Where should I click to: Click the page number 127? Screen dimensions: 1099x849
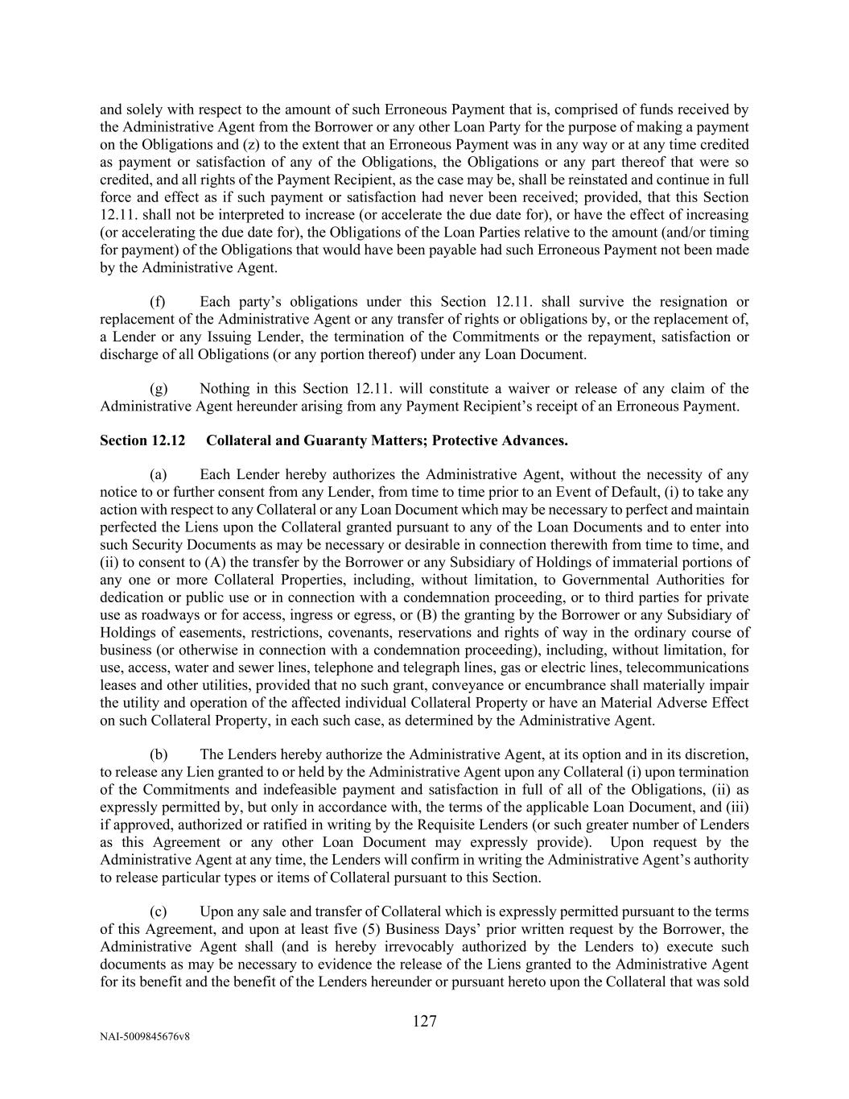tap(424, 1021)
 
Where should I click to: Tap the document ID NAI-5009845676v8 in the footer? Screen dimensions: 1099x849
tap(145, 1037)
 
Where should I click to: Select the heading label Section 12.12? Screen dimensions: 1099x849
tap(142, 440)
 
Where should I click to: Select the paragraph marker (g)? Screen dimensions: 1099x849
tap(158, 389)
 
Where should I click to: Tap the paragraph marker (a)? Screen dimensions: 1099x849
tap(158, 475)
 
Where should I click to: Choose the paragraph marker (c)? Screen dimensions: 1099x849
tap(158, 911)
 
